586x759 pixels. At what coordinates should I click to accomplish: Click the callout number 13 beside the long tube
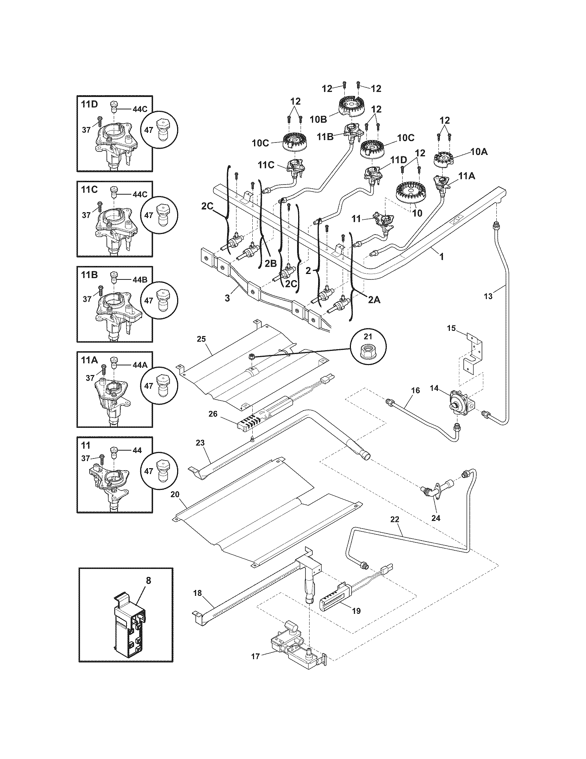point(488,296)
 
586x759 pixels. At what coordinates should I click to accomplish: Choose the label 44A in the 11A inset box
point(140,365)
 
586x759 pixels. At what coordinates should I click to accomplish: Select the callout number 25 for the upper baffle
point(201,338)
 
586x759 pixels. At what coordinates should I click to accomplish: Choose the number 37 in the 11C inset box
point(87,215)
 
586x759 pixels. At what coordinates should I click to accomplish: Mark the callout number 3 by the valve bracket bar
point(227,298)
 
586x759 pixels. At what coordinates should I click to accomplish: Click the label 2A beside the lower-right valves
point(374,299)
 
